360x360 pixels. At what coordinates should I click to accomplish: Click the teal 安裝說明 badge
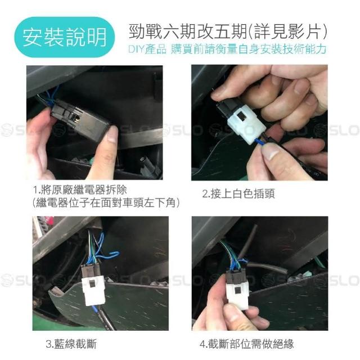(65, 37)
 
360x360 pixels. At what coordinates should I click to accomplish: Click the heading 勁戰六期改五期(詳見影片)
(227, 31)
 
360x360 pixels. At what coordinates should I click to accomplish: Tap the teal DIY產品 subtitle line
(227, 49)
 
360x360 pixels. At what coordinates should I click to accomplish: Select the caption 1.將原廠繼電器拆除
(80, 190)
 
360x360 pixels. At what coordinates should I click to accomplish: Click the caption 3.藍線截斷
(71, 344)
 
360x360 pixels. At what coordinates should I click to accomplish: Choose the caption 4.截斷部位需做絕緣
(246, 344)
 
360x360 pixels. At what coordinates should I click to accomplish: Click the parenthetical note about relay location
(106, 203)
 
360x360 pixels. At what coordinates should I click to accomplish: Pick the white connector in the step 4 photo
(238, 295)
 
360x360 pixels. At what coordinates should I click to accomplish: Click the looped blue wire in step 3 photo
(108, 254)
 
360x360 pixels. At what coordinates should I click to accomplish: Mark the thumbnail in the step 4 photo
(232, 316)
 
